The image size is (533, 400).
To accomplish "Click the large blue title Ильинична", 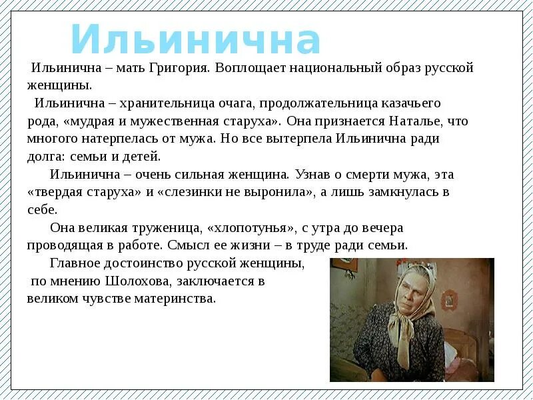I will point(196,40).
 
